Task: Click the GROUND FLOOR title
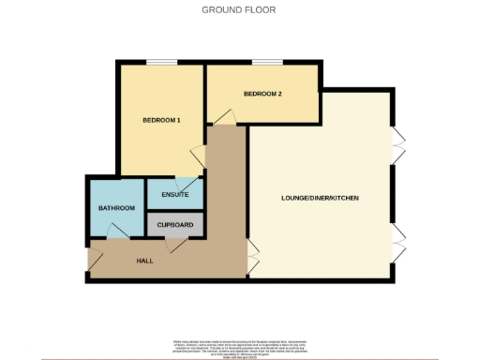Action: (240, 10)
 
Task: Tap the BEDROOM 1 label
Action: (161, 121)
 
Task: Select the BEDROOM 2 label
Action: (262, 94)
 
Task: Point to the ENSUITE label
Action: (175, 195)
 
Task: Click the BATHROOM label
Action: (117, 208)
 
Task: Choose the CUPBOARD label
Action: (175, 225)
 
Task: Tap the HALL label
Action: (144, 260)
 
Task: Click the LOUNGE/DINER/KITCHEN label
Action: (320, 199)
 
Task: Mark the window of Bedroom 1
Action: (161, 63)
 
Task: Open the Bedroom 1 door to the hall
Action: (199, 156)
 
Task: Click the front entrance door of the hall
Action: (95, 257)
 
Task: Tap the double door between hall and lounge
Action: (252, 254)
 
